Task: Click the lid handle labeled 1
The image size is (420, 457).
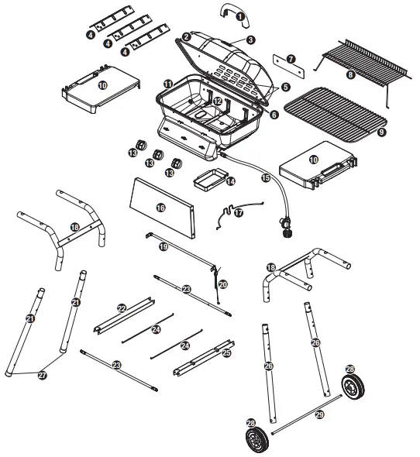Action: pyautogui.click(x=230, y=10)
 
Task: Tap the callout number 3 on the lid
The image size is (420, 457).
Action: pyautogui.click(x=250, y=40)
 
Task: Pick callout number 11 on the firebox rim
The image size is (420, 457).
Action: pyautogui.click(x=167, y=83)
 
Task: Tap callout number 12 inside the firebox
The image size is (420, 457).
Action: pyautogui.click(x=218, y=101)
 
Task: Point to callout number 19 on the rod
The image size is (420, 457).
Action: pyautogui.click(x=163, y=246)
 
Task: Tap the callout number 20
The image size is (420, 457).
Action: pyautogui.click(x=222, y=284)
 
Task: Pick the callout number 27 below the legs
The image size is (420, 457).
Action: pyautogui.click(x=43, y=374)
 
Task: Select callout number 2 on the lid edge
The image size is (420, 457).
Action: pyautogui.click(x=187, y=37)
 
